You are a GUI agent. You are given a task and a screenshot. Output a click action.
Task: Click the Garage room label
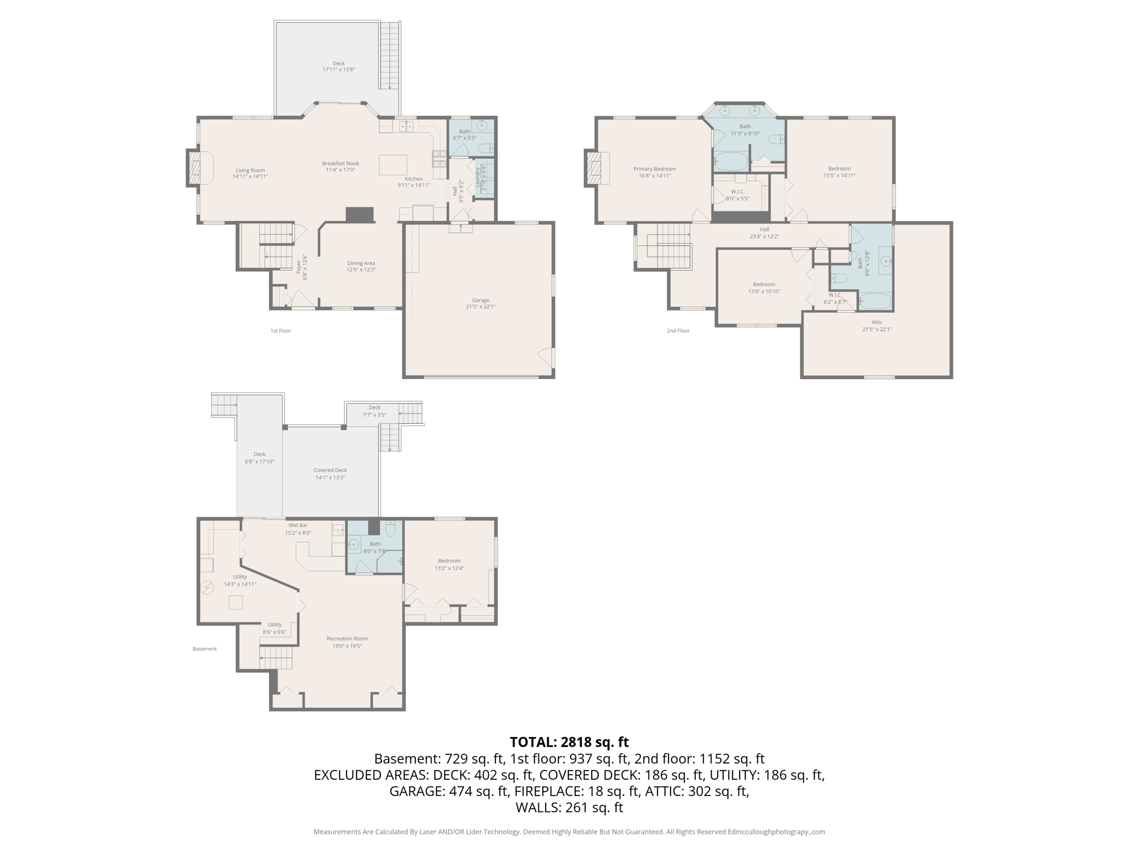point(481,301)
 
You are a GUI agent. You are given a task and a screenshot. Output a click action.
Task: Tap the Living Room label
point(250,170)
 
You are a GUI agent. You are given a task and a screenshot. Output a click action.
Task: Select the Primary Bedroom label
point(655,169)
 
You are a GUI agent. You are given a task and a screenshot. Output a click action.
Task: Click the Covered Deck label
point(330,470)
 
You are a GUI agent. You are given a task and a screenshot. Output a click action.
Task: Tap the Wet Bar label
point(298,525)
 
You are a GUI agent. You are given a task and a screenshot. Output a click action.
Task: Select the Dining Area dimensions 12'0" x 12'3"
point(361,270)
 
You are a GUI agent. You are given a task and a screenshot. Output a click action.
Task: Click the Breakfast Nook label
point(340,164)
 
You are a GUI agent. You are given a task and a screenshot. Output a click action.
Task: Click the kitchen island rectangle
point(393,165)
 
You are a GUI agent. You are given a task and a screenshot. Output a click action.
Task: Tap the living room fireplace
point(195,168)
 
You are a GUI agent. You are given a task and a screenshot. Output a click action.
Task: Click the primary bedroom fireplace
point(593,168)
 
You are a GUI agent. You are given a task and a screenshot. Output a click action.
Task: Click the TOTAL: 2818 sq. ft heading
point(569,742)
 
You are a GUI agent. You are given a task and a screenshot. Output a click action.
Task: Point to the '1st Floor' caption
point(281,331)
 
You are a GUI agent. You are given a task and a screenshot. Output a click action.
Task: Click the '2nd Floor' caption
point(678,331)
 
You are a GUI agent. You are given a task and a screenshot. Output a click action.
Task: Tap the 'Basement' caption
point(205,648)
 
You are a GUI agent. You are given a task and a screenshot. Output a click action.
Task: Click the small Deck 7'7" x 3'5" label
point(374,411)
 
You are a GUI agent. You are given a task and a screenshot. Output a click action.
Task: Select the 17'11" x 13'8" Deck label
point(339,67)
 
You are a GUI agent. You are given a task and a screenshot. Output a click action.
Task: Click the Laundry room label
point(477,178)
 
